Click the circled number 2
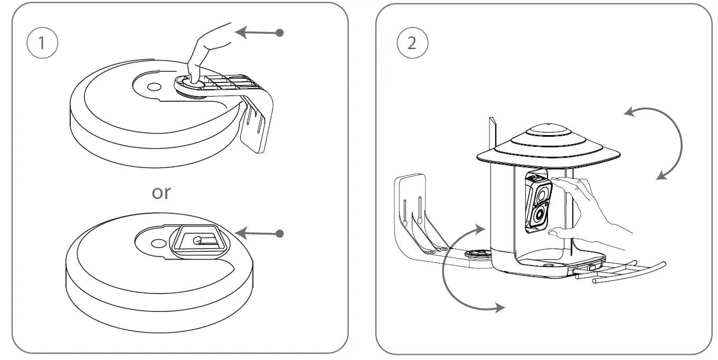(412, 43)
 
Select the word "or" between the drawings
(161, 193)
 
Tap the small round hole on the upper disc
(154, 86)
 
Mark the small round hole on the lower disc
(158, 243)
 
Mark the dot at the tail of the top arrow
(280, 33)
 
